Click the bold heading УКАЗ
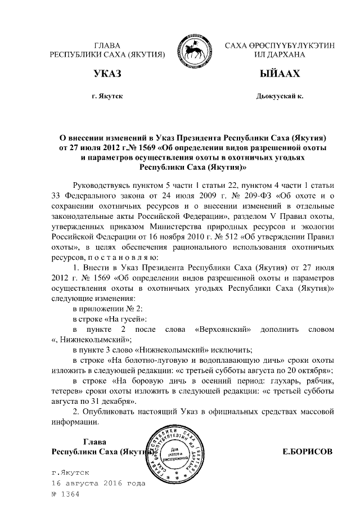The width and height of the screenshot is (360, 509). pyautogui.click(x=107, y=74)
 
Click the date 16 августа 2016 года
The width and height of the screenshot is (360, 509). pyautogui.click(x=98, y=483)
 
